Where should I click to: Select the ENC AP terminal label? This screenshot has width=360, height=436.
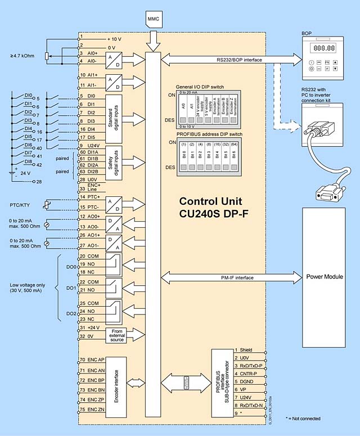(x=93, y=359)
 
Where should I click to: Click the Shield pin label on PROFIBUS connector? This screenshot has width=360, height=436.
(x=246, y=350)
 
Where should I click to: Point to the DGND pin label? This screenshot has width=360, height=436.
(x=247, y=381)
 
